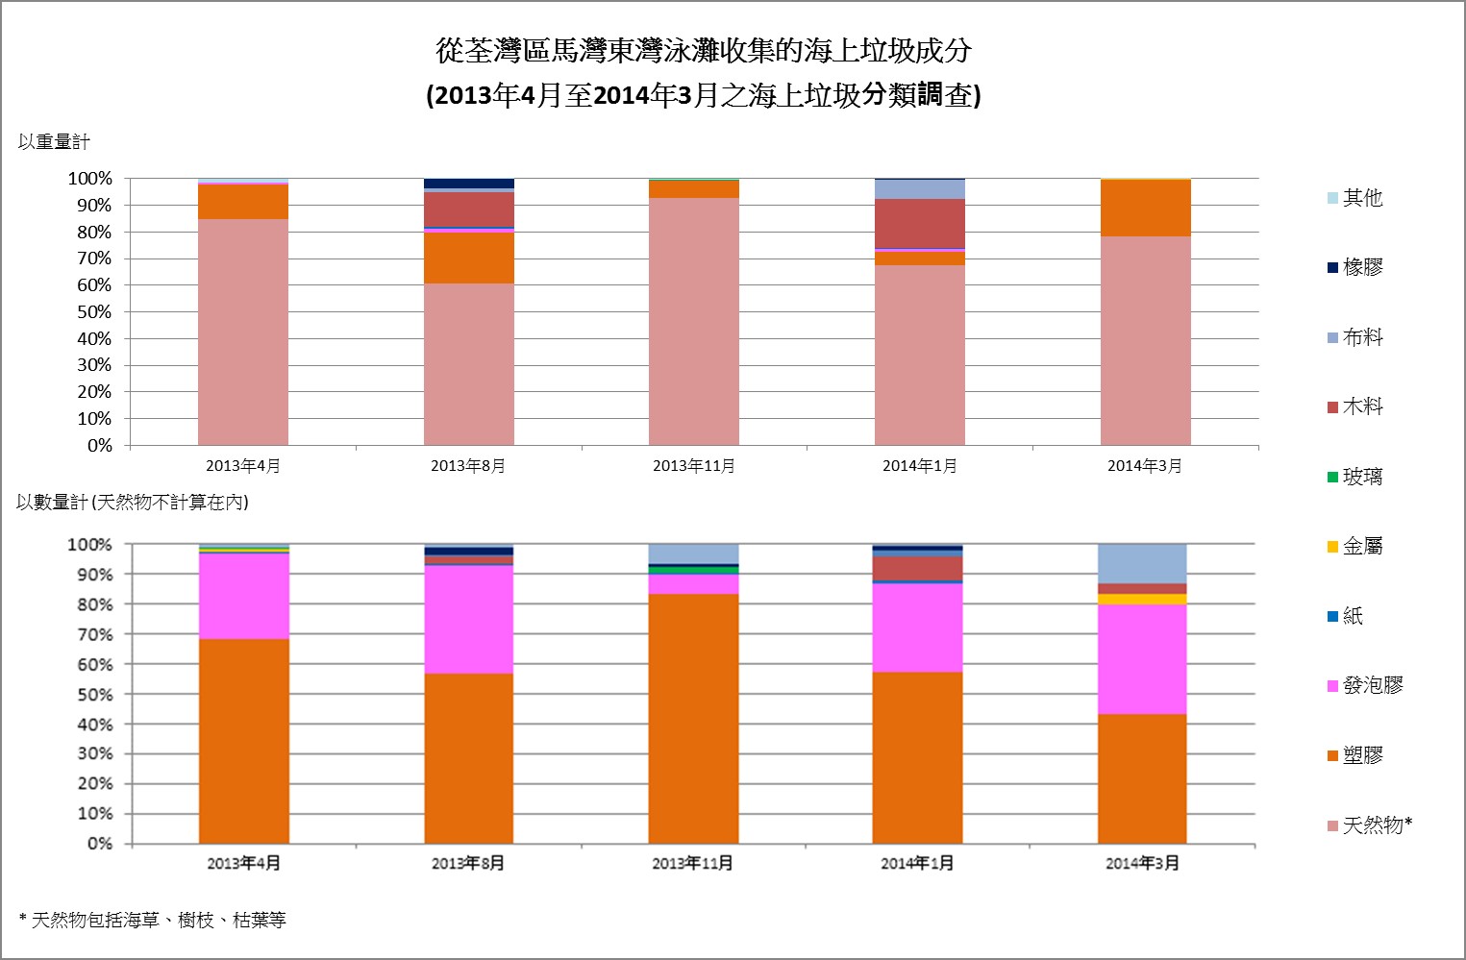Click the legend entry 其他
click(x=1361, y=198)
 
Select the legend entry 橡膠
click(x=1361, y=267)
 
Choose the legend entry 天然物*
click(x=1376, y=825)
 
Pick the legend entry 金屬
click(x=1361, y=546)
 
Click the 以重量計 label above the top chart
click(x=54, y=142)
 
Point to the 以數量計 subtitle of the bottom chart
click(x=132, y=503)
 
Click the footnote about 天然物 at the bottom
click(x=153, y=920)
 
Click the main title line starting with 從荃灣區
click(x=704, y=50)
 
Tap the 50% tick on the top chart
click(x=89, y=312)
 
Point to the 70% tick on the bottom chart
click(x=89, y=634)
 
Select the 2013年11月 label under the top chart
click(x=694, y=466)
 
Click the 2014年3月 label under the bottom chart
click(x=1142, y=863)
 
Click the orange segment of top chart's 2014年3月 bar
click(x=1145, y=208)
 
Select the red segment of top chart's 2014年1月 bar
click(x=919, y=223)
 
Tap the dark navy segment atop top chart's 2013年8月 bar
click(x=468, y=184)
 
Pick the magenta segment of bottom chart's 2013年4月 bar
click(x=243, y=596)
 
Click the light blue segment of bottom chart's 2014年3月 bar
click(x=1142, y=563)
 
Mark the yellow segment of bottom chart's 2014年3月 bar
click(x=1142, y=599)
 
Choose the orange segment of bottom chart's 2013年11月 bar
click(x=693, y=718)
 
